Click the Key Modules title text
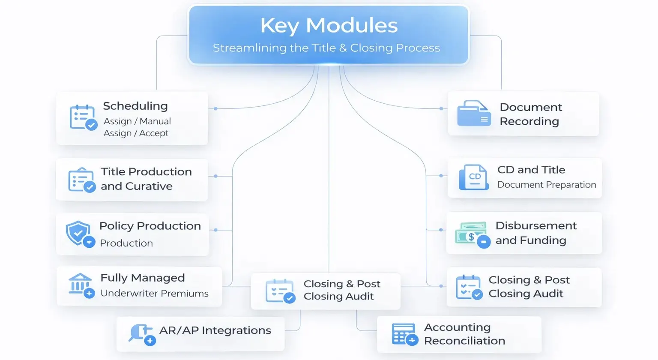pyautogui.click(x=329, y=25)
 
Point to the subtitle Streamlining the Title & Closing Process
pyautogui.click(x=326, y=48)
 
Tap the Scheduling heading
pyautogui.click(x=135, y=106)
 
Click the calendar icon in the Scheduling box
pyautogui.click(x=83, y=117)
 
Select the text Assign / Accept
pyautogui.click(x=136, y=133)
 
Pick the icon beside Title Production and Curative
pyautogui.click(x=81, y=180)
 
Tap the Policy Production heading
pyautogui.click(x=150, y=226)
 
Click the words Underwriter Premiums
pyautogui.click(x=154, y=294)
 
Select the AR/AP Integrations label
pyautogui.click(x=215, y=330)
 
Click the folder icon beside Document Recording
pyautogui.click(x=473, y=114)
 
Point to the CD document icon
pyautogui.click(x=473, y=177)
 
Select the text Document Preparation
pyautogui.click(x=546, y=185)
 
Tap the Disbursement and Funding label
pyautogui.click(x=535, y=233)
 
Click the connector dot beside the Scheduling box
pyautogui.click(x=215, y=109)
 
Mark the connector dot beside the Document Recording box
pyautogui.click(x=441, y=109)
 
